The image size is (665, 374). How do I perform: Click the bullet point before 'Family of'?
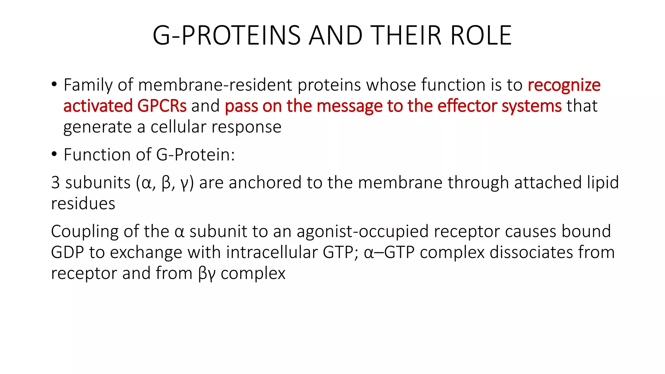click(54, 84)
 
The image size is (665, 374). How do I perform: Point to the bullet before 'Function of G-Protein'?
click(54, 154)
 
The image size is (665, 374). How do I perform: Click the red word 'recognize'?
click(564, 85)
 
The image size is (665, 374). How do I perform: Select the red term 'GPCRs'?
click(162, 106)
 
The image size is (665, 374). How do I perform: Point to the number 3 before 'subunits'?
click(56, 182)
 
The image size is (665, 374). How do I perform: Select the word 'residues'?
click(83, 204)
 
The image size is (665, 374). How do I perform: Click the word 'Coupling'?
click(85, 232)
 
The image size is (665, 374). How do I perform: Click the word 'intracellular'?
click(272, 252)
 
